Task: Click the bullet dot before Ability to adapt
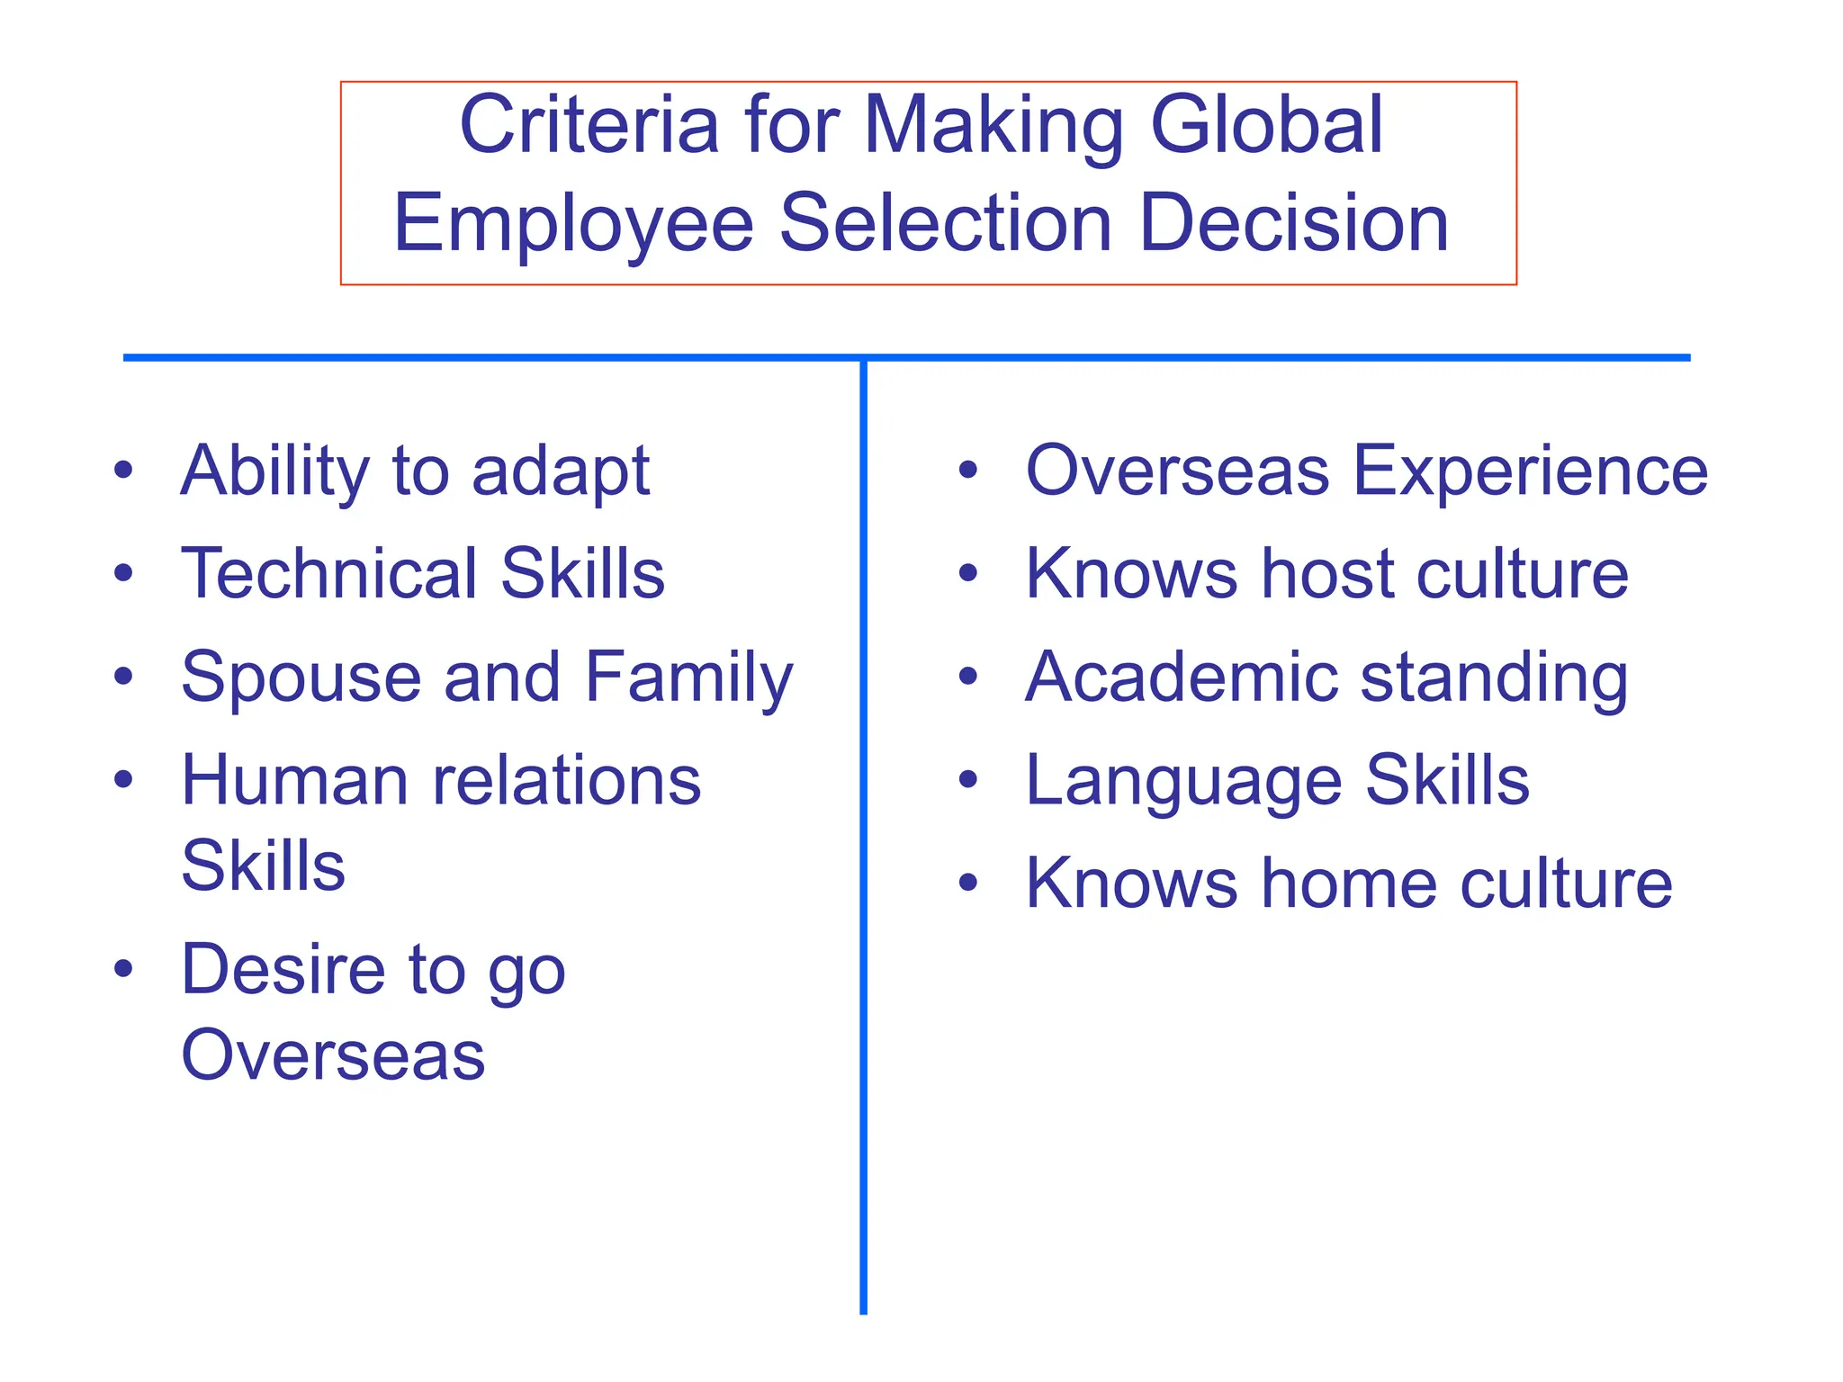(x=123, y=470)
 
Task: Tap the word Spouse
(x=301, y=678)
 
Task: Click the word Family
(x=689, y=678)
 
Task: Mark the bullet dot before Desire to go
(x=123, y=970)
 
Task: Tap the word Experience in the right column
(x=1530, y=470)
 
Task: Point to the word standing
(x=1494, y=678)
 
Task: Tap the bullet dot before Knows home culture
(x=968, y=884)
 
